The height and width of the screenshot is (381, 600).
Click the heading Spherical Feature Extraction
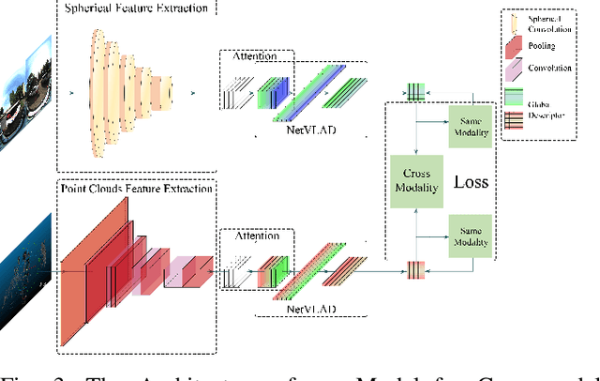click(136, 8)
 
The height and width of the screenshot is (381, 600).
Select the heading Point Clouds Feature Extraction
click(137, 189)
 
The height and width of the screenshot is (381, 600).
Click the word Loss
click(471, 181)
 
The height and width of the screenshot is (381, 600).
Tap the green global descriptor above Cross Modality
click(414, 90)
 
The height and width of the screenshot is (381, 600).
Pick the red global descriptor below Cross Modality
click(414, 270)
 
